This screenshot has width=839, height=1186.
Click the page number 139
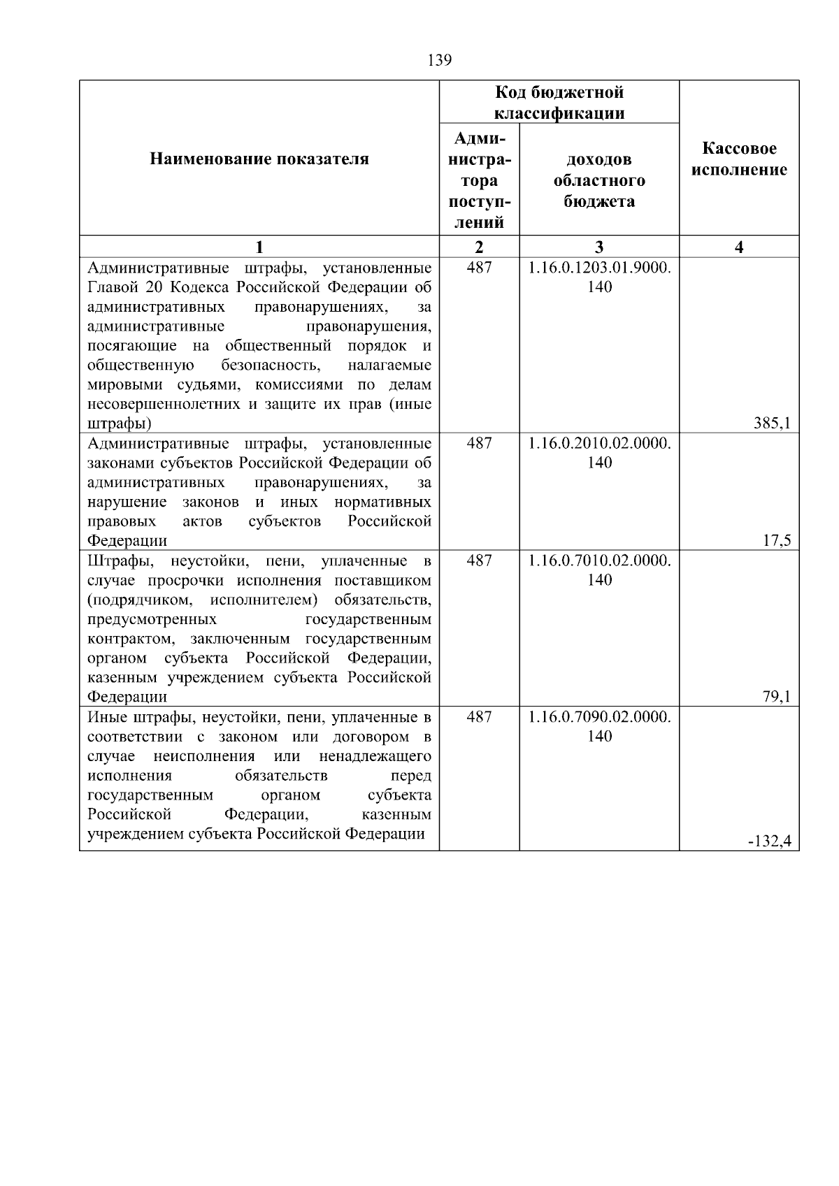click(439, 61)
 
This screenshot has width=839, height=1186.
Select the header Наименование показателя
click(259, 159)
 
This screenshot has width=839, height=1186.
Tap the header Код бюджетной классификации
click(559, 103)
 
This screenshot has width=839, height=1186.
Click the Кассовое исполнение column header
click(739, 159)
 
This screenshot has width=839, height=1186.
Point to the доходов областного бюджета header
click(599, 180)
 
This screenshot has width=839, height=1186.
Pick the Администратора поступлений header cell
click(479, 180)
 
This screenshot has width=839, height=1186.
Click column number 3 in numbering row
click(599, 247)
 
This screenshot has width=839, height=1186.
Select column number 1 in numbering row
click(259, 247)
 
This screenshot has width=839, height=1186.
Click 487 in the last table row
click(479, 717)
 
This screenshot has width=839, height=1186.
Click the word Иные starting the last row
click(106, 717)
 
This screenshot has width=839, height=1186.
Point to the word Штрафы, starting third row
click(117, 561)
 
